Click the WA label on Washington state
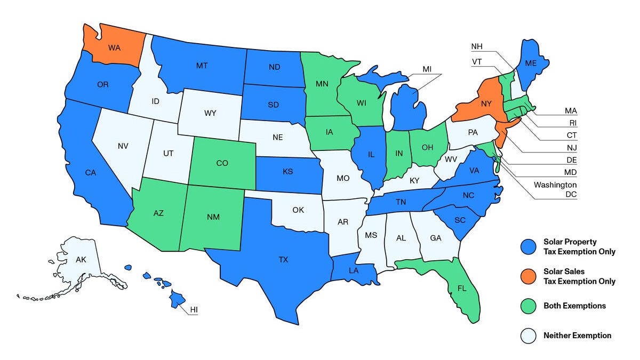(x=114, y=47)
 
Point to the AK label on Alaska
(x=81, y=260)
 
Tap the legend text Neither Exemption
(x=577, y=335)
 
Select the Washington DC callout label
(x=555, y=189)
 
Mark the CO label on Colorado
(x=222, y=164)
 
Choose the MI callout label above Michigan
(x=427, y=69)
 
